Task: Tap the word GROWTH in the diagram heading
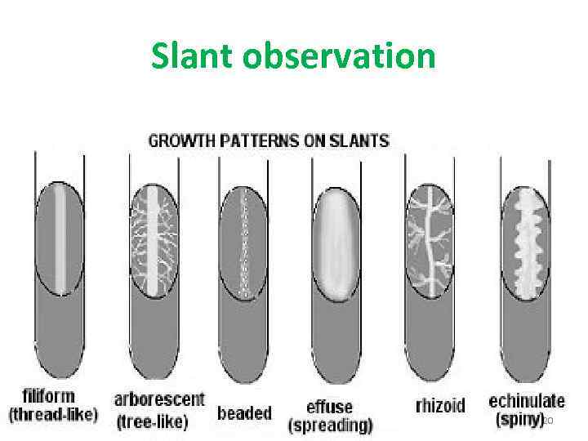(182, 140)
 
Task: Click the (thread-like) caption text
(53, 414)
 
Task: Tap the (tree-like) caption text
(154, 421)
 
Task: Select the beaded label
(244, 413)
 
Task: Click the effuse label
(329, 406)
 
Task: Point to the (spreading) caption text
(330, 425)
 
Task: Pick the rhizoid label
(440, 406)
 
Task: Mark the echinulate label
(527, 400)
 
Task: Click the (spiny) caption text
(520, 419)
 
